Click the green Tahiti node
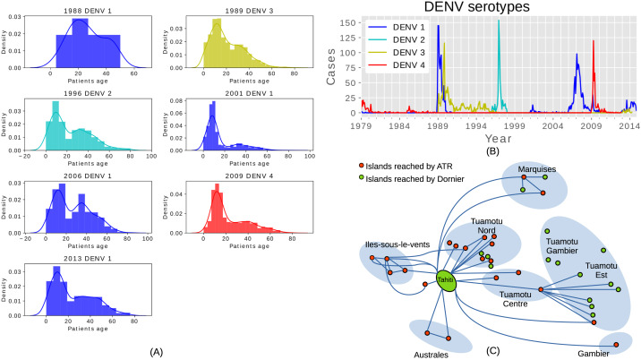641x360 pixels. click(445, 280)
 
